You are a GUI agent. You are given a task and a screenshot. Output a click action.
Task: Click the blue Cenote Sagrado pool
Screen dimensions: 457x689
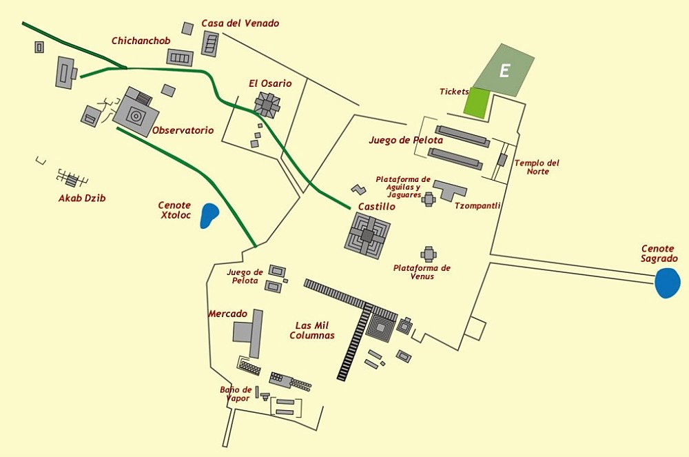click(667, 283)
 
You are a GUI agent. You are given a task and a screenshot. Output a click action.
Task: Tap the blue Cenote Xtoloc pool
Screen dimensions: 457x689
click(209, 216)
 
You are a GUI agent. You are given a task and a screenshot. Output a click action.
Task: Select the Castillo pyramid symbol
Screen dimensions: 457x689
click(367, 235)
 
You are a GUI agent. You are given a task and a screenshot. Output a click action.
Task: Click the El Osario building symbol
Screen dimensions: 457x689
click(267, 104)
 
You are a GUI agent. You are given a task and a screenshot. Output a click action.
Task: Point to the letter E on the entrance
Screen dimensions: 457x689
click(504, 70)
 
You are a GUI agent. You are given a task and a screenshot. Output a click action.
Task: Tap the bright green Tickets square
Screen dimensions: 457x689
click(475, 102)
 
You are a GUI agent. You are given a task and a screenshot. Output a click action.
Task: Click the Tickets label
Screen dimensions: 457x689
click(454, 92)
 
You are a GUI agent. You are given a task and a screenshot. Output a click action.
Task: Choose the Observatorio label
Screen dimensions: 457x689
click(183, 130)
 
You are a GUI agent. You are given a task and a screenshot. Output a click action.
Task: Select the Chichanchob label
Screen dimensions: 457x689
click(141, 41)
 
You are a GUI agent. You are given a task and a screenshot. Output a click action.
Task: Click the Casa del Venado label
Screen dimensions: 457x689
click(240, 23)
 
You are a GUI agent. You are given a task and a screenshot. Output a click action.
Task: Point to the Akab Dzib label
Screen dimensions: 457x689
click(82, 199)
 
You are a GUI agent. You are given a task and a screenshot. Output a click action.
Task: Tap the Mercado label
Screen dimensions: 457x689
click(227, 314)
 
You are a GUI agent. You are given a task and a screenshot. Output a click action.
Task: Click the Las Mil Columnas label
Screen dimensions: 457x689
click(312, 330)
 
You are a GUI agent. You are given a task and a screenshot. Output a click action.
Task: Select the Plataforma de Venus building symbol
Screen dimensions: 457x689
click(429, 254)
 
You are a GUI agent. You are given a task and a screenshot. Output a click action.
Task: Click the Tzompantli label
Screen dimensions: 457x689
click(477, 205)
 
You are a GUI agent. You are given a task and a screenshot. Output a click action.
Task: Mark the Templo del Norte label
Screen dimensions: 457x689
click(537, 167)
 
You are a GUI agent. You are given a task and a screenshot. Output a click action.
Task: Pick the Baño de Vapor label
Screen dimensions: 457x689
click(236, 394)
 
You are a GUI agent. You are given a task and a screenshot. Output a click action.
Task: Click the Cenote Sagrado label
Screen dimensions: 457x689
click(659, 254)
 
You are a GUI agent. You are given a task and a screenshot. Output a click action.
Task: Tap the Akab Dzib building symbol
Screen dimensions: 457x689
click(71, 180)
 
